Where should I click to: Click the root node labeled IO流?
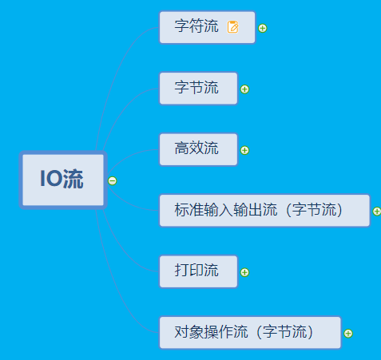click(x=63, y=180)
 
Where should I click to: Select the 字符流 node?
click(x=207, y=27)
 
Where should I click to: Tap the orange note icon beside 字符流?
click(x=233, y=27)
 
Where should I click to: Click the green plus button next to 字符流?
click(x=263, y=28)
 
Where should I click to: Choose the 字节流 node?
click(x=198, y=89)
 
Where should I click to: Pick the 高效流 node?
click(x=198, y=149)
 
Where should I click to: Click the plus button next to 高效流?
click(x=244, y=150)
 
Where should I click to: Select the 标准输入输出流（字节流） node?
click(x=264, y=211)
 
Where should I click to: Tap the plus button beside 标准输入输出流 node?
click(x=377, y=212)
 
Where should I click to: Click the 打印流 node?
click(x=198, y=271)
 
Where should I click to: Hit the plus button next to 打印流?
click(x=244, y=272)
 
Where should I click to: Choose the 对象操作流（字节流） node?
click(x=250, y=332)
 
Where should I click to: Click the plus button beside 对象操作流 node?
click(x=348, y=334)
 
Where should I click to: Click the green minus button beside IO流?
click(x=113, y=181)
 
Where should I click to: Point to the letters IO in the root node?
click(x=51, y=179)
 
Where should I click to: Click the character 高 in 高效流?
click(x=182, y=148)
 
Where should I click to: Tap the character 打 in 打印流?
click(x=182, y=270)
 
